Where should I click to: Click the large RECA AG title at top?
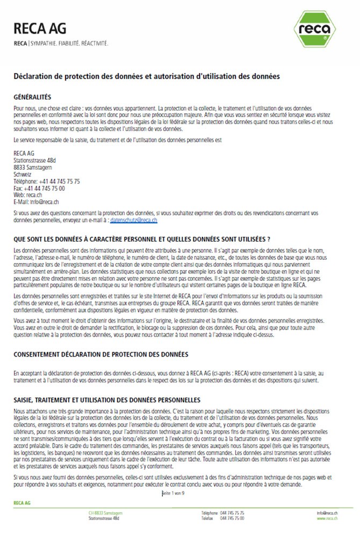coord(39,28)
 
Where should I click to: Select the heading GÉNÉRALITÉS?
coord(32,97)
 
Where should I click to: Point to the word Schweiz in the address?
coord(22,175)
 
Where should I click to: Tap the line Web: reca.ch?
coord(28,195)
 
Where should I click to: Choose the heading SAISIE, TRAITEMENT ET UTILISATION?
coord(106,400)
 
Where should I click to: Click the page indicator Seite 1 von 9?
coord(173,493)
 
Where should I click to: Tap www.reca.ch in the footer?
coord(327,519)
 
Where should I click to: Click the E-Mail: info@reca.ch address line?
coord(36,202)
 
